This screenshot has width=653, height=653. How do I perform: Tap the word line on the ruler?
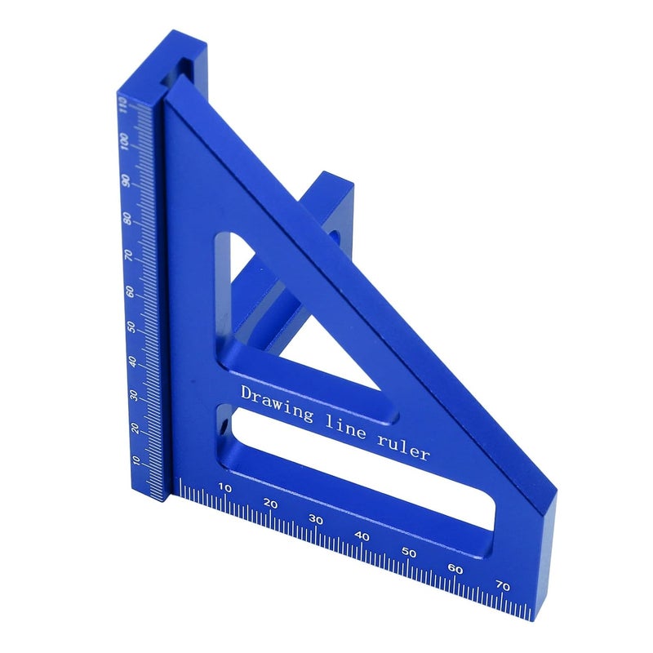click(345, 426)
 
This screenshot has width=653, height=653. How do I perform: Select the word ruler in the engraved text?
click(402, 448)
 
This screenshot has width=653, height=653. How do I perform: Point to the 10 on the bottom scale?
click(225, 487)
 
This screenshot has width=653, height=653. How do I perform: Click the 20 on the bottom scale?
click(270, 504)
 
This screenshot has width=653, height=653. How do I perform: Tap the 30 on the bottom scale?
click(316, 520)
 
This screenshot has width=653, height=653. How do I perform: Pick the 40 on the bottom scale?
click(362, 536)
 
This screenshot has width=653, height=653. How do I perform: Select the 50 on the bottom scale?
click(409, 553)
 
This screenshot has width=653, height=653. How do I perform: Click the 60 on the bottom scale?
click(455, 569)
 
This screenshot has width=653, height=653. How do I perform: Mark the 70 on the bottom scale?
click(503, 586)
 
